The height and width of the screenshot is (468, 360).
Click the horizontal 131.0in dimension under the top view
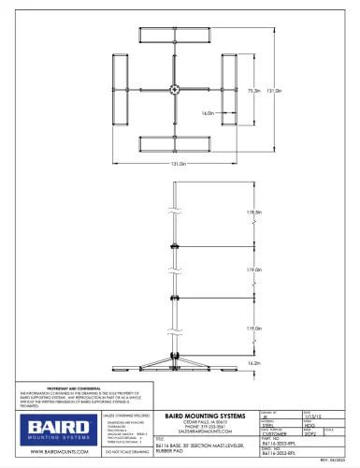point(175,166)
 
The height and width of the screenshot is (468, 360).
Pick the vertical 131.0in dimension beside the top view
point(274,91)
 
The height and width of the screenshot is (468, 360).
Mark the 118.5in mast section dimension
point(250,213)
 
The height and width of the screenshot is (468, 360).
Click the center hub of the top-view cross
point(175,91)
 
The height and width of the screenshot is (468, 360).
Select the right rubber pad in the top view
point(229,91)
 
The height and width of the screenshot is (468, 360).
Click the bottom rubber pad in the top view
point(173,145)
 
